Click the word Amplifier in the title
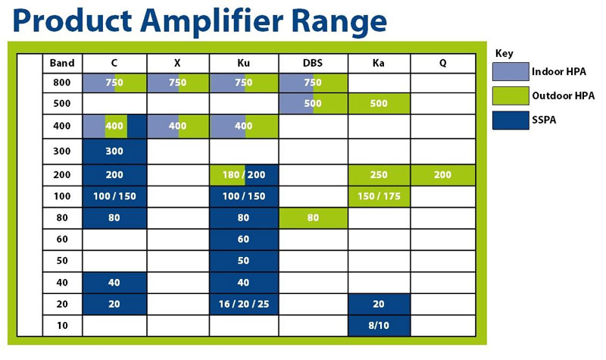point(212,21)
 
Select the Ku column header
point(243,63)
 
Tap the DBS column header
point(313,63)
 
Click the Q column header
point(443,63)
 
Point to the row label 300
point(62,151)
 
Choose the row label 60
point(62,239)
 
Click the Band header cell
point(62,63)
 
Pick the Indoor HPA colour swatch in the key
point(511,71)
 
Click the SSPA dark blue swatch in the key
point(511,121)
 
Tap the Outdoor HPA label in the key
point(563,95)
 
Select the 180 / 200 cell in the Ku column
point(244,175)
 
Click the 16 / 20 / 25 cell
point(244,304)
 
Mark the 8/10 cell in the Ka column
point(379,326)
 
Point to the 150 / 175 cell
point(379,196)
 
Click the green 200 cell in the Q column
point(443,175)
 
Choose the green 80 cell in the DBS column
point(313,218)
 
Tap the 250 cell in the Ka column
point(379,175)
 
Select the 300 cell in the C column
point(114,151)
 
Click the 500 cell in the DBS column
point(313,103)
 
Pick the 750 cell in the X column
point(178,83)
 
